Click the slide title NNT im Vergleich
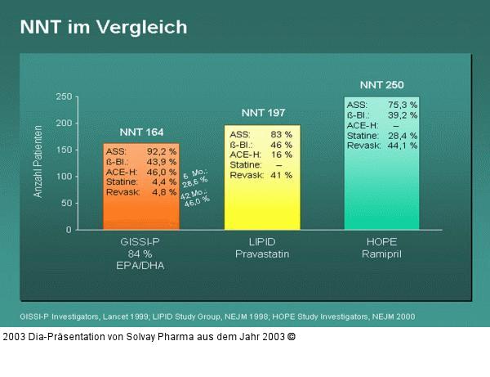[x=103, y=27]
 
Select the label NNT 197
[x=262, y=113]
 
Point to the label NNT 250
[x=381, y=84]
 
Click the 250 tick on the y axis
[x=62, y=96]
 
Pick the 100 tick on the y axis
[x=62, y=176]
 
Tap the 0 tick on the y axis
[x=68, y=229]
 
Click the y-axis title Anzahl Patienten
[x=38, y=164]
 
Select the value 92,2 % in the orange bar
[x=162, y=151]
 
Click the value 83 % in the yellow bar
[x=281, y=134]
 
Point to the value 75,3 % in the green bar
[x=403, y=105]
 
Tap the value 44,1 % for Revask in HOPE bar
[x=403, y=146]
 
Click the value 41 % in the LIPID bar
[x=281, y=175]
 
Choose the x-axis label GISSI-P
[x=141, y=243]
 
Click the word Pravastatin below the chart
[x=263, y=254]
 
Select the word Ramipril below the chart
[x=382, y=254]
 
